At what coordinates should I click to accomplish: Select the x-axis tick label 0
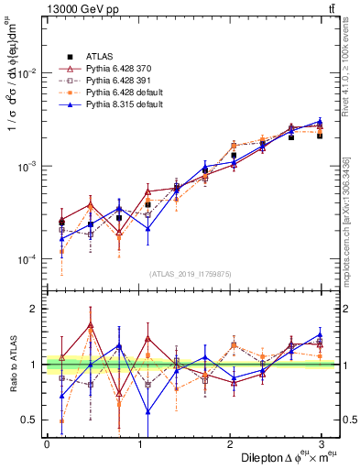(47, 444)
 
